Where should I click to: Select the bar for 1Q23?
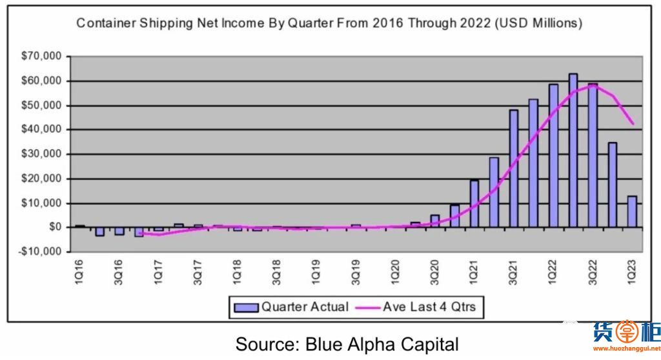pos(632,212)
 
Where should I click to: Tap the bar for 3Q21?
pos(514,168)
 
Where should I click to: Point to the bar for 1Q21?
pos(474,204)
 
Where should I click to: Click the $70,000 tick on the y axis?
pos(42,57)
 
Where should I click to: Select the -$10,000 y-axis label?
pos(40,252)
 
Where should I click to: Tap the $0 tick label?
pos(54,227)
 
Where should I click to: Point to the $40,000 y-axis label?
pos(42,130)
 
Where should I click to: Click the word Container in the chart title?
pos(105,24)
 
